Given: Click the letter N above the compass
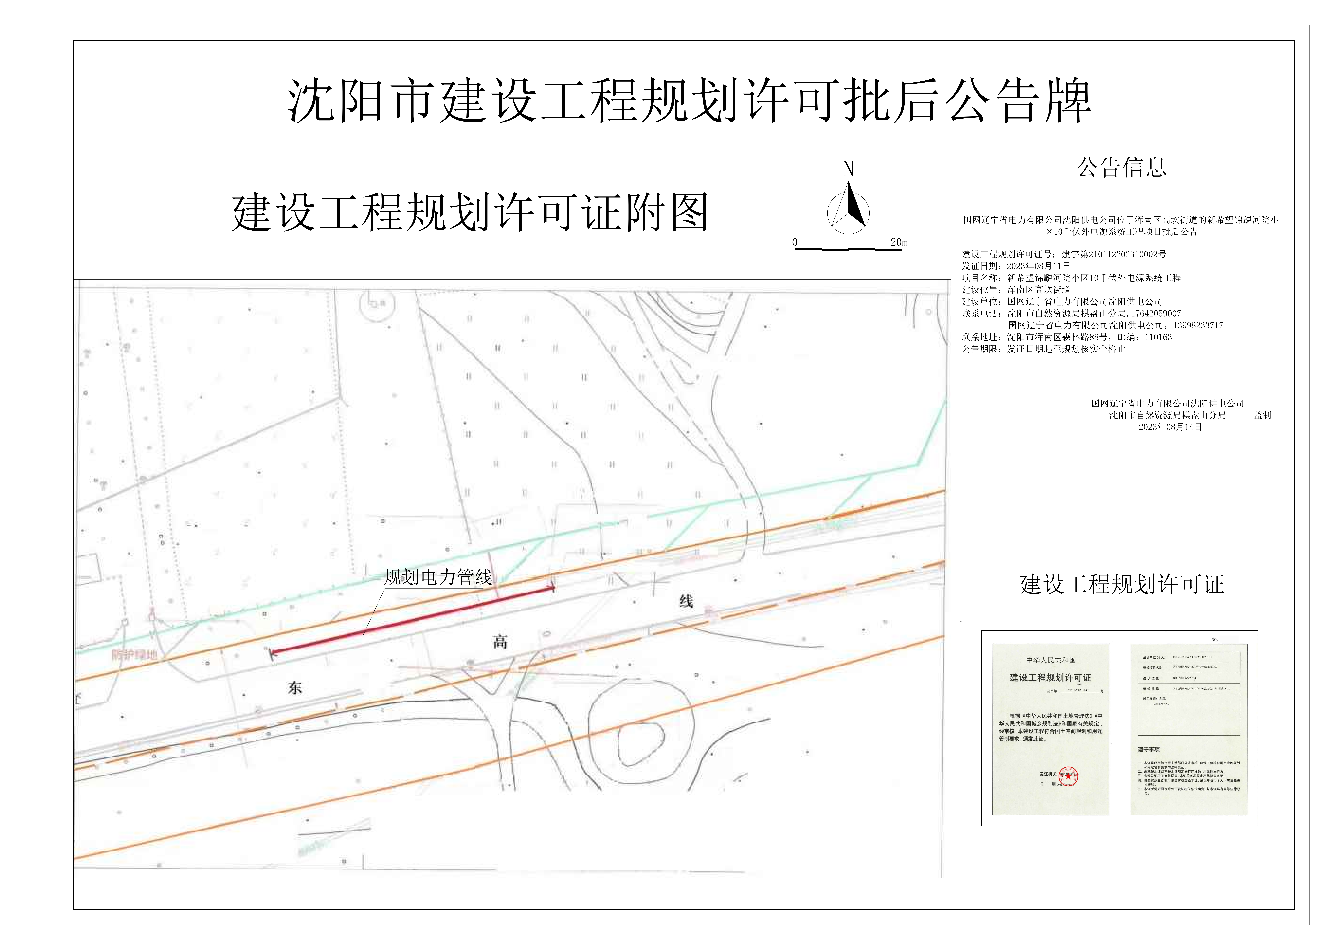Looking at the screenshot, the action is click(849, 169).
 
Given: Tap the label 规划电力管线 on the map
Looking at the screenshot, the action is click(438, 577).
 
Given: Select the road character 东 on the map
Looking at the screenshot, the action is click(295, 688).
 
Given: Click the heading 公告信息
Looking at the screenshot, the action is click(1122, 167).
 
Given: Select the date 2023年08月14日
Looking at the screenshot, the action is click(1170, 427).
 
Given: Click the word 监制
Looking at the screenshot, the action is click(1262, 415).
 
